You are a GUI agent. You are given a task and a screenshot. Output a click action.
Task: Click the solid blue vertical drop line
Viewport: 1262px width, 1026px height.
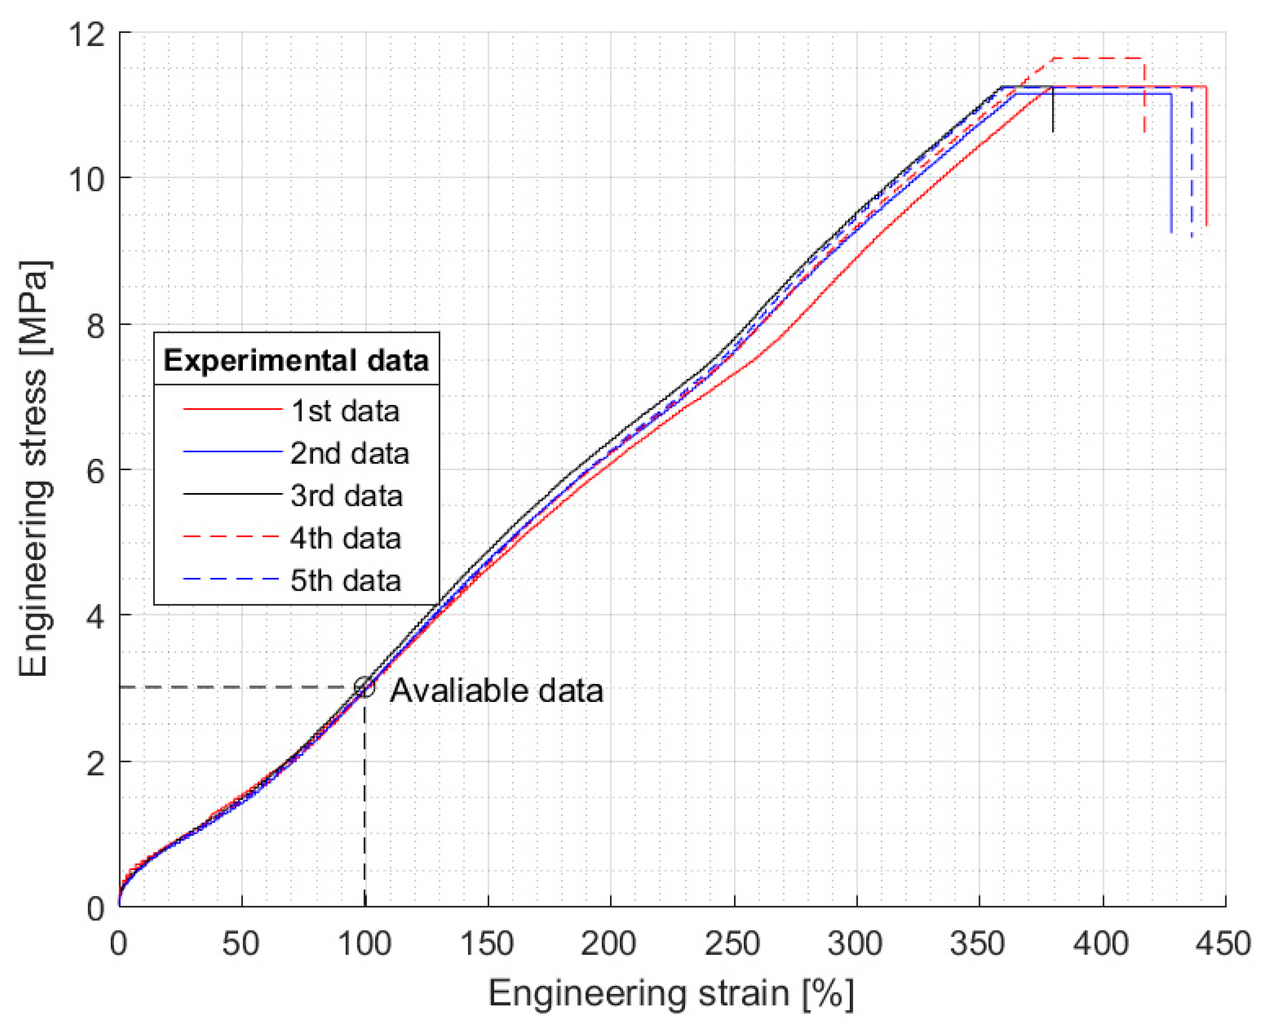coord(1171,165)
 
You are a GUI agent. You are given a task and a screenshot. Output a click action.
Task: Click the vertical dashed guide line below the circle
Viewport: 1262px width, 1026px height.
coord(364,798)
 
